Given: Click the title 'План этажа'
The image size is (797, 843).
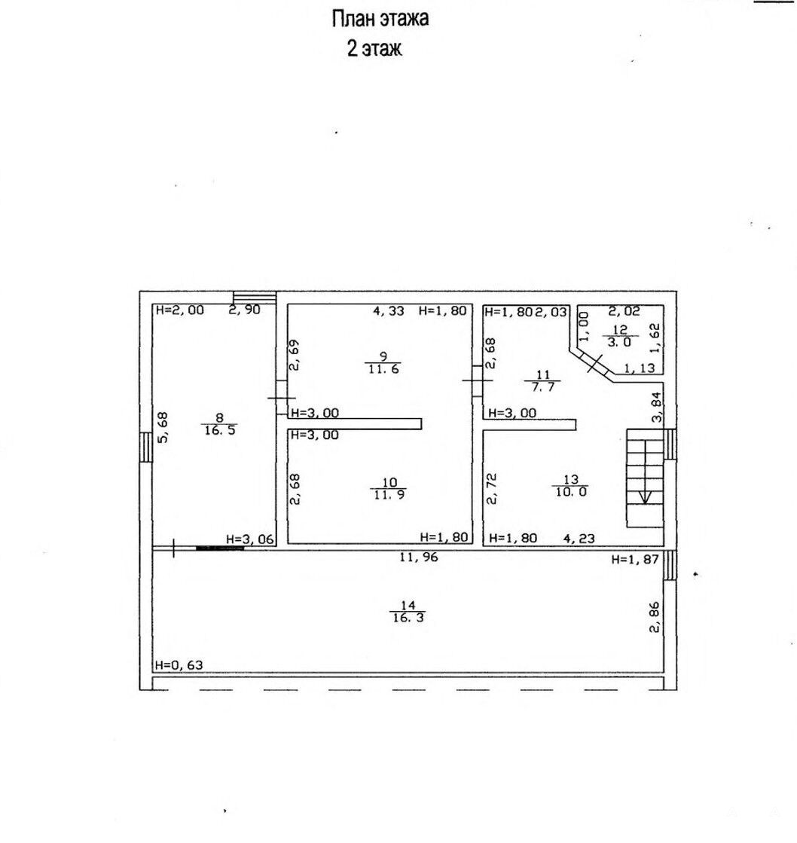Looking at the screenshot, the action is [380, 19].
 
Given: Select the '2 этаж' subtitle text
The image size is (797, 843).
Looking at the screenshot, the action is [374, 48].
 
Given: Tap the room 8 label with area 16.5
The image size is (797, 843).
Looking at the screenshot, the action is [220, 423].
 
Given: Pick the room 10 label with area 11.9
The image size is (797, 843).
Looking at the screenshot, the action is [388, 489].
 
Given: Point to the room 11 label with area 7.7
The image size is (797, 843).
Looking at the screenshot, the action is [543, 380].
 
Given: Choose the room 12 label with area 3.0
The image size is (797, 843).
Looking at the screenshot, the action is [620, 336].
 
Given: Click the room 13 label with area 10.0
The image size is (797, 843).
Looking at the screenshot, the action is [571, 485].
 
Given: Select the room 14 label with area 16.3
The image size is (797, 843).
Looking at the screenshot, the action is [408, 612].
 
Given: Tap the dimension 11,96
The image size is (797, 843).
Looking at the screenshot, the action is [418, 557].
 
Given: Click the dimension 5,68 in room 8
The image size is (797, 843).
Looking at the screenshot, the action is [163, 427].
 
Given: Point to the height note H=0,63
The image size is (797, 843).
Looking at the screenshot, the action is [179, 665].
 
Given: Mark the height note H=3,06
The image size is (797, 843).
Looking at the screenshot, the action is [250, 539].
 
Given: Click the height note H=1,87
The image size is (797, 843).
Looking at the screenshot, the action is [635, 560].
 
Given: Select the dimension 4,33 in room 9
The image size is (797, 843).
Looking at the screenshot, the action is [389, 310].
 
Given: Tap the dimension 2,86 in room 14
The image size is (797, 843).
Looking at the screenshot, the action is [654, 617].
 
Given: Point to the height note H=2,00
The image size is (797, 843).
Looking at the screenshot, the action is [179, 310].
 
